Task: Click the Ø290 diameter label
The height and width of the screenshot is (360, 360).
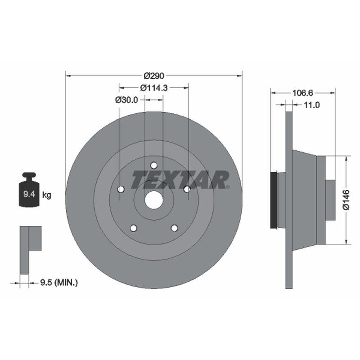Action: pos(154,76)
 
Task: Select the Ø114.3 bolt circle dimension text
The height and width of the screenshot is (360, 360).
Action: pos(154,88)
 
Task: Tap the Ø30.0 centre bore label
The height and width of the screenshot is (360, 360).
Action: pos(126,100)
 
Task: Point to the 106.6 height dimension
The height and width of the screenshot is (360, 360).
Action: pos(302,93)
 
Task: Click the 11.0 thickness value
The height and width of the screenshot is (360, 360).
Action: pos(312,105)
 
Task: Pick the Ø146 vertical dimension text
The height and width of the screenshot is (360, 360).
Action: pos(346,200)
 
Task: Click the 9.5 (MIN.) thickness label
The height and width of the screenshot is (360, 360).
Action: pos(59,283)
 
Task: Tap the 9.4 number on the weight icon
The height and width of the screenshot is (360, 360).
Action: pos(29,194)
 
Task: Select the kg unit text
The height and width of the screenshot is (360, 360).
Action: pos(47,195)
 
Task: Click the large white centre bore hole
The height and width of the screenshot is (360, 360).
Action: pos(154,200)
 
